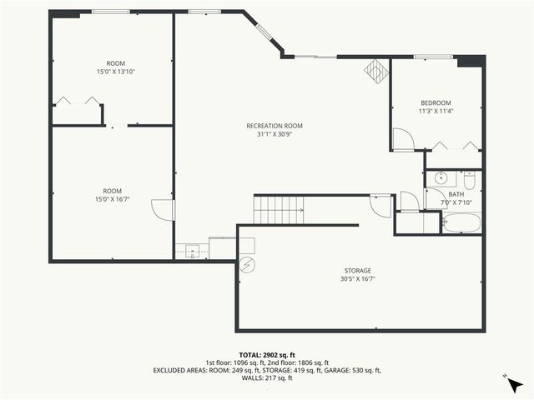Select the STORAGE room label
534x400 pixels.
point(358,270)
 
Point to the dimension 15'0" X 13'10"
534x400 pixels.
point(116,72)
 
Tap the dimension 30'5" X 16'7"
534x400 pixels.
point(358,278)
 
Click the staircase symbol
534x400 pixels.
point(279,209)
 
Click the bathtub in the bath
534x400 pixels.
point(461,222)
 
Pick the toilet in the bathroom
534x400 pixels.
point(469,179)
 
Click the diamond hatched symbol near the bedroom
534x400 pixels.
point(375,71)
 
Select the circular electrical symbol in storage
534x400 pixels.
point(247,265)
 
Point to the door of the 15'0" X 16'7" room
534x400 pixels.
point(164,210)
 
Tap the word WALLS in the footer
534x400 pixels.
point(251,377)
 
